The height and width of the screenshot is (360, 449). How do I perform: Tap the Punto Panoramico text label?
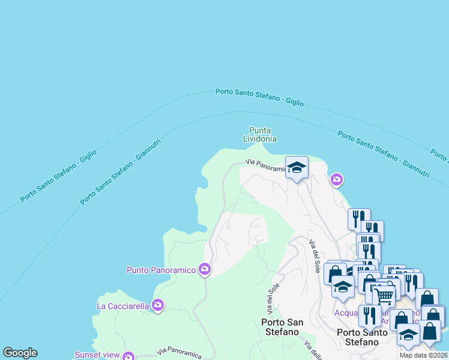pyautogui.click(x=161, y=270)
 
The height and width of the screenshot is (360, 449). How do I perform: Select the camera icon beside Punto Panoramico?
pyautogui.click(x=205, y=269)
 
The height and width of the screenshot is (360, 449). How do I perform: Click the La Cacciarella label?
pyautogui.click(x=123, y=306)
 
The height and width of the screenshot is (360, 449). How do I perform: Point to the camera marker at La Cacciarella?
pyautogui.click(x=158, y=306)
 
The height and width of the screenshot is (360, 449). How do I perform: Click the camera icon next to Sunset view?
pyautogui.click(x=128, y=356)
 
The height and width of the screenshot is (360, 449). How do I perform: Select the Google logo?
pyautogui.click(x=20, y=353)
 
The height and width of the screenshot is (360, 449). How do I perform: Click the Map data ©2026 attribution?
pyautogui.click(x=424, y=355)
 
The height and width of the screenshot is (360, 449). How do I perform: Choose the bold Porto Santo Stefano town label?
pyautogui.click(x=358, y=337)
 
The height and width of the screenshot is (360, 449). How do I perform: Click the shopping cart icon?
pyautogui.click(x=385, y=294)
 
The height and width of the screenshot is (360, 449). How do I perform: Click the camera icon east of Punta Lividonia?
pyautogui.click(x=337, y=179)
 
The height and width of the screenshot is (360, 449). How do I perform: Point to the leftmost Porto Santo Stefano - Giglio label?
pyautogui.click(x=58, y=175)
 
